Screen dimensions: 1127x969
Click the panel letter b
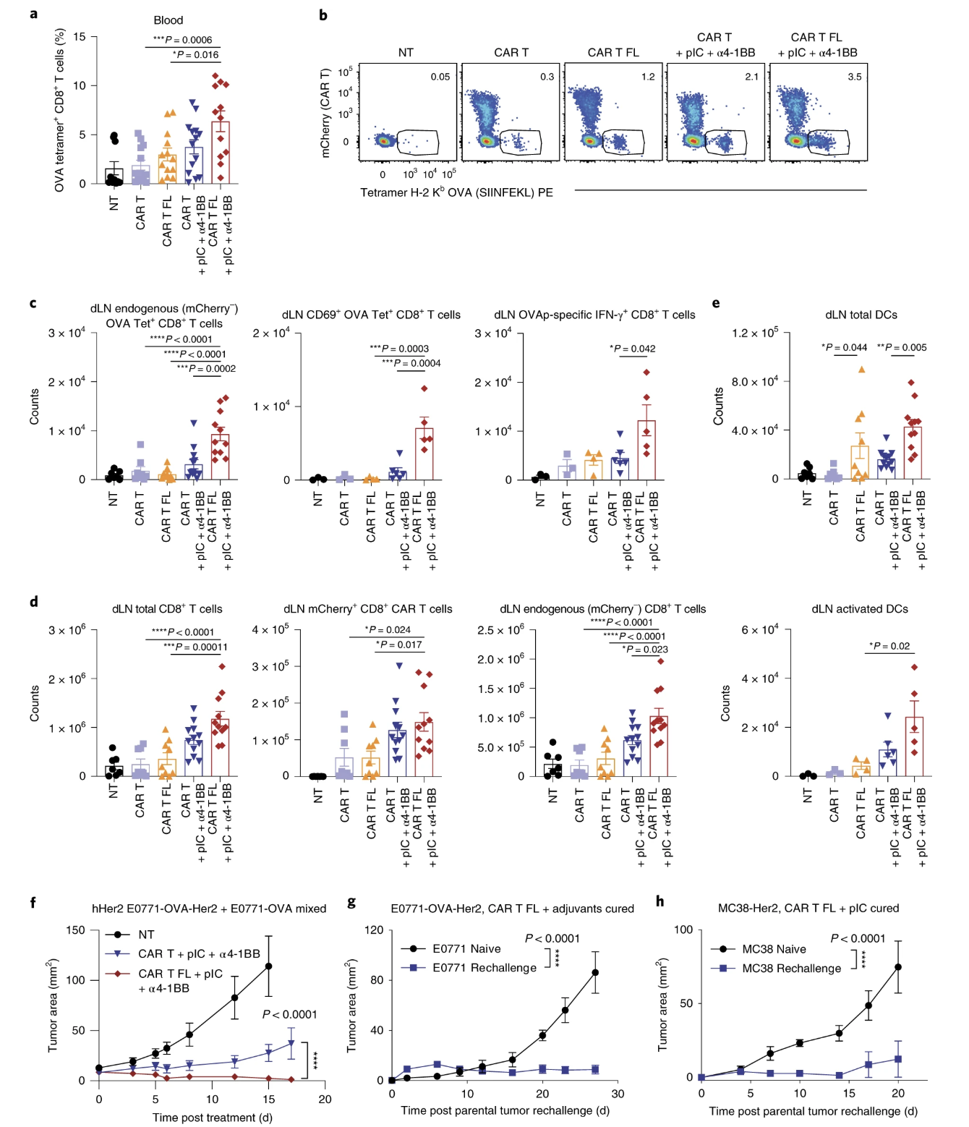323,15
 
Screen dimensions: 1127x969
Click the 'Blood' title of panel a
168,20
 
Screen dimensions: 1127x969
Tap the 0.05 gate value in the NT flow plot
440,77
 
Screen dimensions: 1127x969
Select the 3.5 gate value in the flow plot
854,77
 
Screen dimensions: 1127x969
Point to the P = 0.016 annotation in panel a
195,55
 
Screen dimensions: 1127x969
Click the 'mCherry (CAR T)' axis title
325,114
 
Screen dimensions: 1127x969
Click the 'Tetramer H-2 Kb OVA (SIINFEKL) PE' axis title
456,192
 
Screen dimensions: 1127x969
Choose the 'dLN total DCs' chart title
861,315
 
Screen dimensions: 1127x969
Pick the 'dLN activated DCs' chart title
859,609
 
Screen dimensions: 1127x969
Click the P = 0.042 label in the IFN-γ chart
633,349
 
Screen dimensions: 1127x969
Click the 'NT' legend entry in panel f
146,935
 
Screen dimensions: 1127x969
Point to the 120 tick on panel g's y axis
374,930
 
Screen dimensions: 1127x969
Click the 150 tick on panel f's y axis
75,930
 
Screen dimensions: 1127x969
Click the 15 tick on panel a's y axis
79,37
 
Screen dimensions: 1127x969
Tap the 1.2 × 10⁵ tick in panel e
754,333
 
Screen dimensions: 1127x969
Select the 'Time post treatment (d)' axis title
212,1118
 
